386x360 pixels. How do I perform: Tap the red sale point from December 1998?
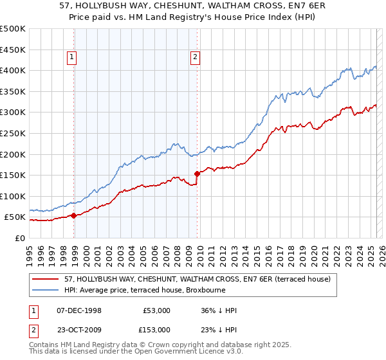click(74, 215)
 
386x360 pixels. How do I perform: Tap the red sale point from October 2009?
click(198, 174)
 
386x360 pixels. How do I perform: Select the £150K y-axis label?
click(13, 175)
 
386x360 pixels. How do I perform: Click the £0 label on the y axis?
click(20, 238)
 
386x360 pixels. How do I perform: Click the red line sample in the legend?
click(45, 279)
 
